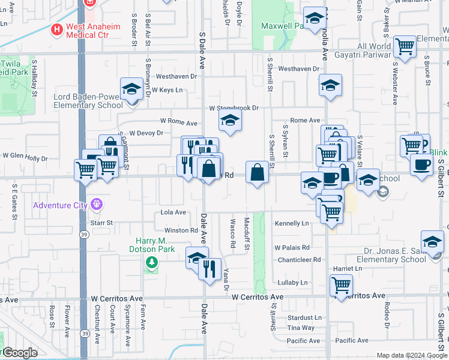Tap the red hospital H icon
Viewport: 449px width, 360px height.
pos(57,28)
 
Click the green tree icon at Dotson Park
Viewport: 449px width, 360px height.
pos(151,262)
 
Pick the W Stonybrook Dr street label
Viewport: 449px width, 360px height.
pos(234,109)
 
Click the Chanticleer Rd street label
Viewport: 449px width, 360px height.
pos(300,260)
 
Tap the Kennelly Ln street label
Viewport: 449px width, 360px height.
pos(291,223)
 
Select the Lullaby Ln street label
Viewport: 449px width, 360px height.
pos(292,283)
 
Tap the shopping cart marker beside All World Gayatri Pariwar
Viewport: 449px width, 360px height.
pos(405,46)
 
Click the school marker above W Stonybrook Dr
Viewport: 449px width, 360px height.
pos(330,86)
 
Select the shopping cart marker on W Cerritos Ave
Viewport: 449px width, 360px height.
pos(341,284)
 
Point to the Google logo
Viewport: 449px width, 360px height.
pos(19,353)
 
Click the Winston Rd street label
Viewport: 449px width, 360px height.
pos(181,230)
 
